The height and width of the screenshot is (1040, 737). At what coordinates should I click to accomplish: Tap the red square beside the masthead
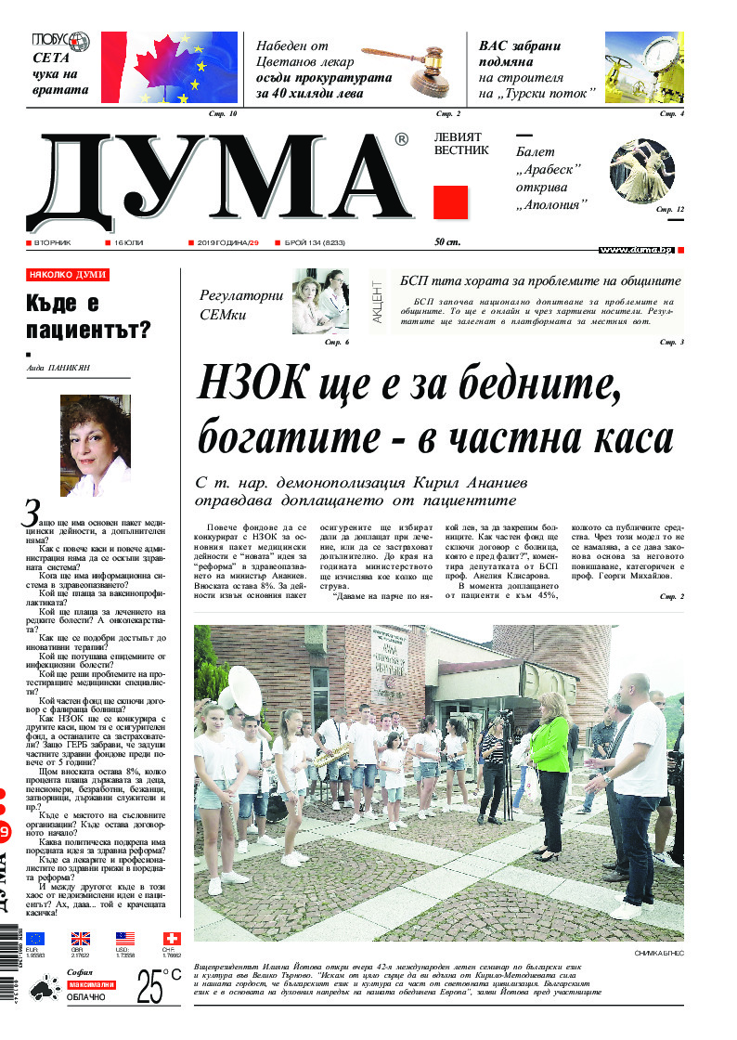click(x=450, y=202)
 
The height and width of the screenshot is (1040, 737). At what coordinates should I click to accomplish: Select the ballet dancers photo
click(x=646, y=171)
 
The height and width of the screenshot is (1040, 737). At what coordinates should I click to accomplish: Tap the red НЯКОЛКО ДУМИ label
click(x=68, y=275)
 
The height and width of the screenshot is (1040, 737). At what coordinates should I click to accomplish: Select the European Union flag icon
click(x=35, y=939)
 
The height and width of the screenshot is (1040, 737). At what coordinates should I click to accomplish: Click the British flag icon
click(x=81, y=939)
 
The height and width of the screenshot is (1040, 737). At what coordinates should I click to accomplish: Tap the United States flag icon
click(x=125, y=939)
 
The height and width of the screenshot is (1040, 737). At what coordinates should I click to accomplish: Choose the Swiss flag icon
click(x=171, y=939)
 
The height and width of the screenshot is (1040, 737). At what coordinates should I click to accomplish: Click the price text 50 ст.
click(x=448, y=243)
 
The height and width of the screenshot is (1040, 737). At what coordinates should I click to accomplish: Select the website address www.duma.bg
click(x=636, y=251)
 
